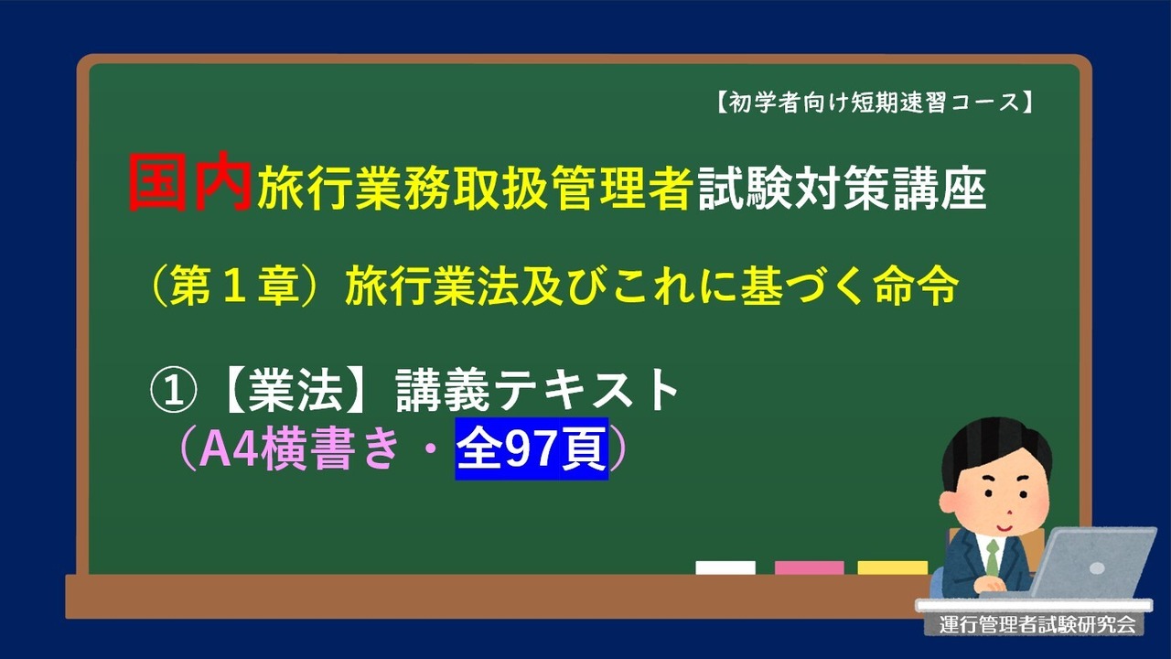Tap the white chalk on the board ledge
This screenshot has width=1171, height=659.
[x=725, y=567]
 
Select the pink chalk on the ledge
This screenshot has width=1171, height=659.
[x=809, y=567]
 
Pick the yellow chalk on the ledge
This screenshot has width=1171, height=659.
[x=892, y=567]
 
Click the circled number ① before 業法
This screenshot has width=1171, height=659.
[x=174, y=391]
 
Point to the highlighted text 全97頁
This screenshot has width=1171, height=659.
[x=532, y=448]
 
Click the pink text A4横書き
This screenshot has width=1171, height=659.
[x=299, y=448]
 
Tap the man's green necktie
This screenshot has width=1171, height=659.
[x=993, y=557]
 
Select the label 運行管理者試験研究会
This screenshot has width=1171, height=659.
[x=1037, y=624]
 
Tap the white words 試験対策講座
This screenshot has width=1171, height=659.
[x=843, y=189]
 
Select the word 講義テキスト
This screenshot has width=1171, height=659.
[x=537, y=391]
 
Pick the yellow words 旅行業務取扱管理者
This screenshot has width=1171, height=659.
[x=474, y=189]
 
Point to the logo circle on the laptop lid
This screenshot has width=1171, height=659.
[x=1097, y=568]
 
